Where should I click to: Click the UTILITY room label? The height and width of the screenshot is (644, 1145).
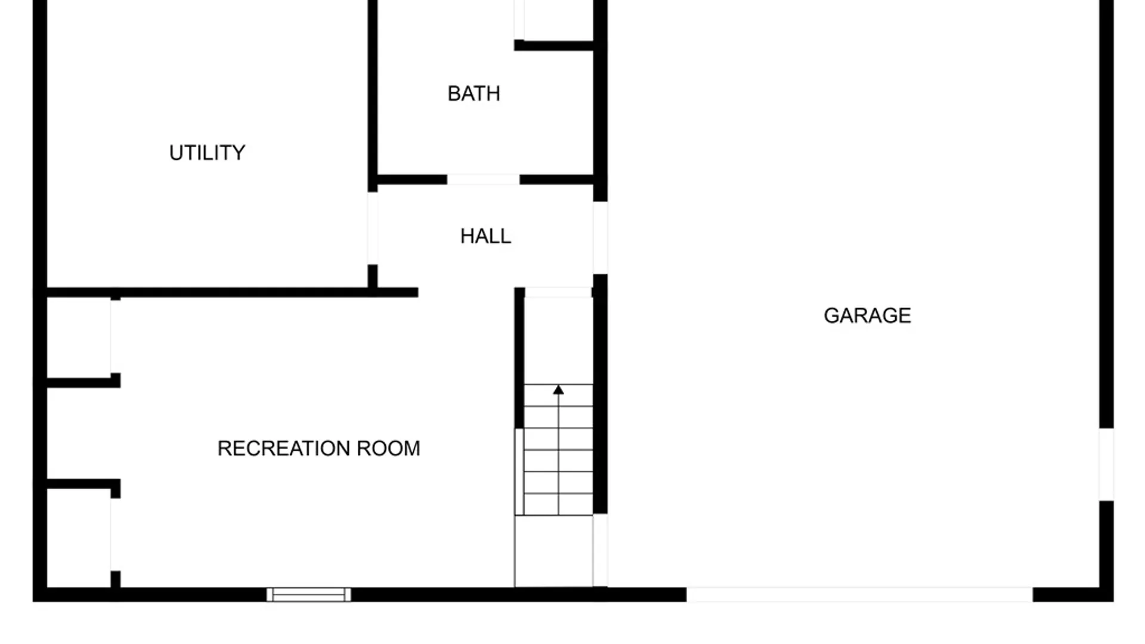(x=207, y=153)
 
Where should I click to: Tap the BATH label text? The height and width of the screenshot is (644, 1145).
(x=474, y=94)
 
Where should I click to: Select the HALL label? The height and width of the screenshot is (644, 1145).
(x=485, y=236)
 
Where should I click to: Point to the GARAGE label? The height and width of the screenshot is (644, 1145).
(x=867, y=315)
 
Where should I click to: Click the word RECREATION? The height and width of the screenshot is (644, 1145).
(x=284, y=448)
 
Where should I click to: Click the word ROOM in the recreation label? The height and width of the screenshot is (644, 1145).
(x=388, y=448)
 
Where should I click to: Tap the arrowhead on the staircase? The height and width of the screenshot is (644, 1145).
(x=558, y=390)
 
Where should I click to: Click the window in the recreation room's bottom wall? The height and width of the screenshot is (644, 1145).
(x=308, y=594)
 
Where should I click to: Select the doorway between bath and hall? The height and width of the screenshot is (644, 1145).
(x=483, y=179)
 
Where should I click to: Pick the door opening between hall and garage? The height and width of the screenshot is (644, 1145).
(x=600, y=238)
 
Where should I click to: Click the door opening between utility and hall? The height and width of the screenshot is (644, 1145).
(x=373, y=228)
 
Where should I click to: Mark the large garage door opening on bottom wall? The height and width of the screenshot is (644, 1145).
(x=859, y=594)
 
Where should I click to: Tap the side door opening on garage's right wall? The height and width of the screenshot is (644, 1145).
(x=1106, y=464)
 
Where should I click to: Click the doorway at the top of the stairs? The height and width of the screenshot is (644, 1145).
(x=558, y=292)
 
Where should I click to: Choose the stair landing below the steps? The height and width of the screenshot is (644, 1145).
(x=553, y=551)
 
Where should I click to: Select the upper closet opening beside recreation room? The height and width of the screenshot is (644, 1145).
(x=115, y=337)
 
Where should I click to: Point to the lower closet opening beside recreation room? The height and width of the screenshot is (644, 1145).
(x=115, y=535)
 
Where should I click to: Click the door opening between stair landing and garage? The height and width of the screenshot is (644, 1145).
(x=600, y=550)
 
